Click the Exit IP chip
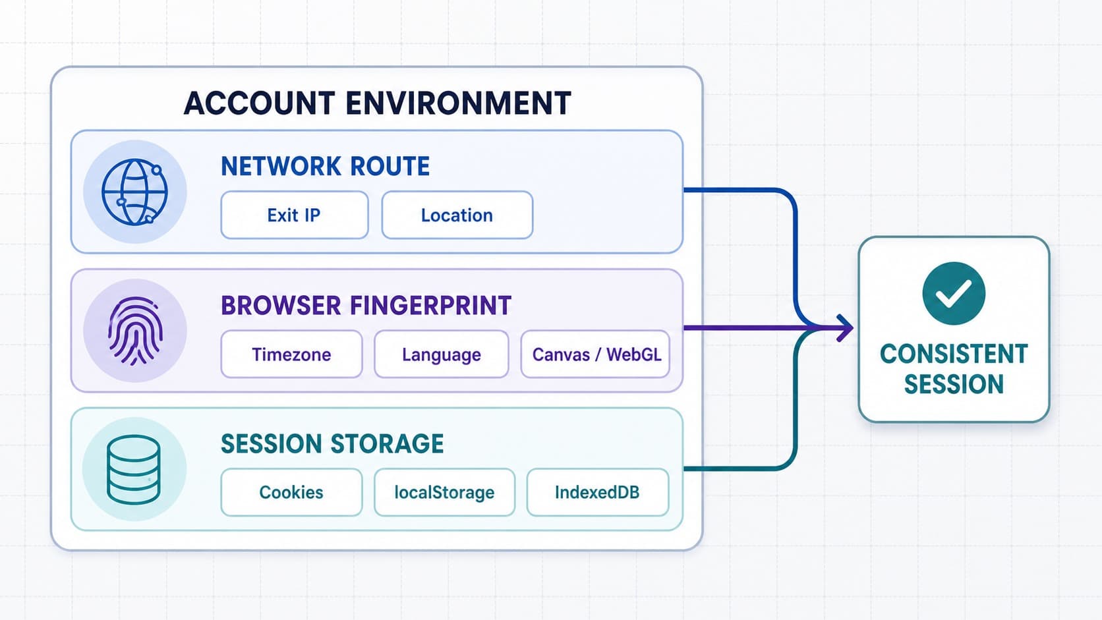tap(294, 215)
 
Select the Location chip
tap(457, 215)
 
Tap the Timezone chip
tap(291, 354)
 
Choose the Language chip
tap(442, 354)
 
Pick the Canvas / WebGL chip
tap(595, 354)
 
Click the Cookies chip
tap(291, 492)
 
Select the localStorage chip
tap(444, 492)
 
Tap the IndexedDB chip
tap(597, 492)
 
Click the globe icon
tap(134, 192)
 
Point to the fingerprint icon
tap(135, 331)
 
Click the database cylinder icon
tap(133, 470)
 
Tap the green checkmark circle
tap(954, 294)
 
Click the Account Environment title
tap(378, 103)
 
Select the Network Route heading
tap(325, 166)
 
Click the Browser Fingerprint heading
tap(366, 305)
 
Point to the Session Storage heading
tap(332, 443)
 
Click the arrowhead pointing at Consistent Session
tap(845, 328)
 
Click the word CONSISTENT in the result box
tap(954, 354)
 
